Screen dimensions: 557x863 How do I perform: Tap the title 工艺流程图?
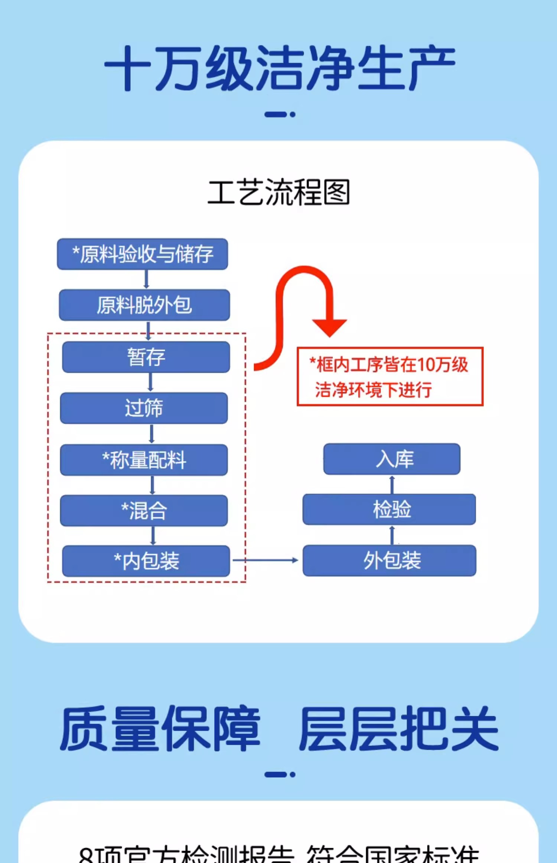(278, 192)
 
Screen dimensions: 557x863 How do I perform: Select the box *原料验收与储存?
(142, 254)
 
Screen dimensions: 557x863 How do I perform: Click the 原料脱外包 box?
(144, 305)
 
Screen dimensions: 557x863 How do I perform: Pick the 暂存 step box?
(146, 357)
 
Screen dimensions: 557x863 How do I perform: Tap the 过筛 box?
(144, 408)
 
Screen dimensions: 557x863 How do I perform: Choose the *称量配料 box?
(144, 460)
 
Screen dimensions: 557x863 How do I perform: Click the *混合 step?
(144, 511)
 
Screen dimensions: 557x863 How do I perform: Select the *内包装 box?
(146, 561)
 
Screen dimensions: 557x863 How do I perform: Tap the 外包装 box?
(389, 560)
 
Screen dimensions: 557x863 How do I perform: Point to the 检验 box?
(389, 509)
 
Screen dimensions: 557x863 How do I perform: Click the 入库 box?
(392, 459)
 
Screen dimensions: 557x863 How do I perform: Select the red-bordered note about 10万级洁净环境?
(390, 377)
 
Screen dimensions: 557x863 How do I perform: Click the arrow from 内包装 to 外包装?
(266, 560)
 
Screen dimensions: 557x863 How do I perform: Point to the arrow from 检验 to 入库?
(392, 484)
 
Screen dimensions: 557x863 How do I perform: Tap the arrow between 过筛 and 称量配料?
(152, 434)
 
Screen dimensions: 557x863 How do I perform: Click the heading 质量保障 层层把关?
(279, 729)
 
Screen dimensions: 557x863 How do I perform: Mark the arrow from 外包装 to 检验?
(392, 535)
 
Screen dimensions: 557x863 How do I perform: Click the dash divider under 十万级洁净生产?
(280, 114)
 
